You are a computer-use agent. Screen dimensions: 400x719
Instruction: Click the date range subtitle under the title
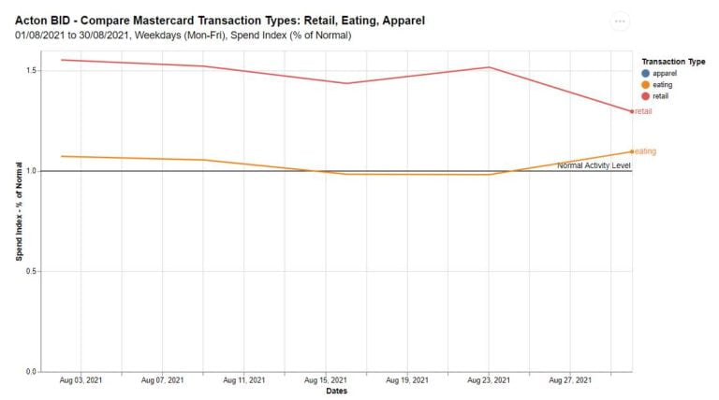pos(183,36)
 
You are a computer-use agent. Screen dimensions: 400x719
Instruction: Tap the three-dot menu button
pos(620,21)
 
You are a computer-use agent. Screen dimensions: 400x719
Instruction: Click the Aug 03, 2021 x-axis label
pos(81,381)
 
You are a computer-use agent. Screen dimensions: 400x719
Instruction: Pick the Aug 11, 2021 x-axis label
pos(243,381)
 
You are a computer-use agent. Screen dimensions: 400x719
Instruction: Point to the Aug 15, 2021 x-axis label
pos(325,381)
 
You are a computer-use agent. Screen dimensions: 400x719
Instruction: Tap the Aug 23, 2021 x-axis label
pos(488,381)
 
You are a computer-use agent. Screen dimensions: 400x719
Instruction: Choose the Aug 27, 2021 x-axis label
pos(569,381)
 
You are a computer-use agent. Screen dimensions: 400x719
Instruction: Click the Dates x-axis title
pos(337,392)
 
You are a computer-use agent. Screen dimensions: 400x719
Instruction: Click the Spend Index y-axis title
pos(18,211)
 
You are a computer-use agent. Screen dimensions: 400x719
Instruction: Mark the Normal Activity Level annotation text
pos(594,165)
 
